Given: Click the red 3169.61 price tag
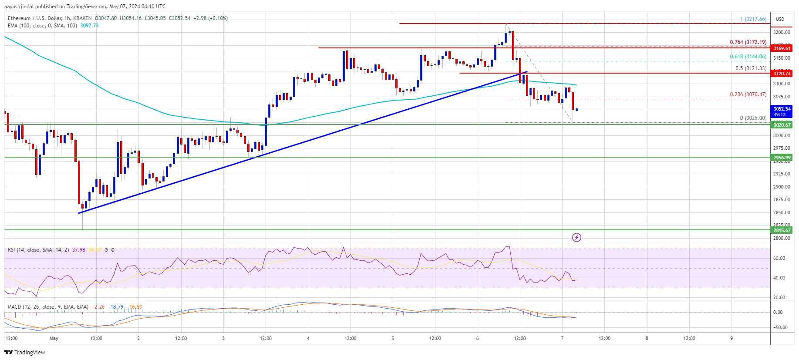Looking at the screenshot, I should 782,48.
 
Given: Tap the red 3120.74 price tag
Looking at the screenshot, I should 782,74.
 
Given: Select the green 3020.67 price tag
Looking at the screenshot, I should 782,125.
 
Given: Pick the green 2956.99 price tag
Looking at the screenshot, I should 782,158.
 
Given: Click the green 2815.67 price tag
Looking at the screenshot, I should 782,230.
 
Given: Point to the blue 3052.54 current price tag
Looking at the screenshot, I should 782,109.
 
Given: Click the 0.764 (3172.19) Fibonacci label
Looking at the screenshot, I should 748,42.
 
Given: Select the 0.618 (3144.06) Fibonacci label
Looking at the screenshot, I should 748,57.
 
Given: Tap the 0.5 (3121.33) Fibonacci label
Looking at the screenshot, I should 751,68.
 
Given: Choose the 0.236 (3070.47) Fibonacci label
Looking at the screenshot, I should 748,94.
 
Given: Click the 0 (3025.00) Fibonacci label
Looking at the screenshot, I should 753,118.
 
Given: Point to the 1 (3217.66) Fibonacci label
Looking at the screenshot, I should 753,19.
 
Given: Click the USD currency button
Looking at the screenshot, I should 780,19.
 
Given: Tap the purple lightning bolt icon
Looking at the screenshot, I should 576,237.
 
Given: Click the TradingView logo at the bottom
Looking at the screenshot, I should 25,352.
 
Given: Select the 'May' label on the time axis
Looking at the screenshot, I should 54,338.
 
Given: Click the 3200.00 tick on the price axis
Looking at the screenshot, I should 781,32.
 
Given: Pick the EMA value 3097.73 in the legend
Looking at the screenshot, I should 89,26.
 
